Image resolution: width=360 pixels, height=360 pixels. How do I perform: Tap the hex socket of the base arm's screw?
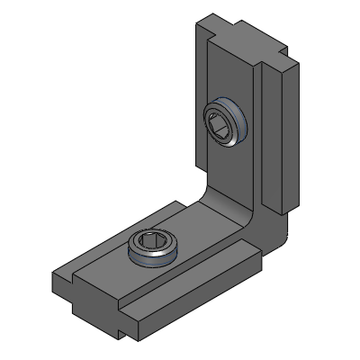coord(151,242)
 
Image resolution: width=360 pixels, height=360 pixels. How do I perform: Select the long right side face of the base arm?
coord(207,297)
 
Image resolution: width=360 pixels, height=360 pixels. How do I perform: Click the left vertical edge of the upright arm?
coord(195,108)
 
